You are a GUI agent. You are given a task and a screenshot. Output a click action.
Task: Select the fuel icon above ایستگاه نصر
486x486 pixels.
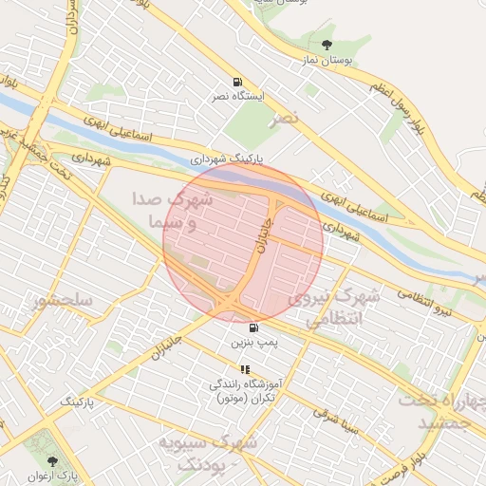(x=236, y=81)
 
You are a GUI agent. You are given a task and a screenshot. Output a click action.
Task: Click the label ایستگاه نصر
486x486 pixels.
(x=237, y=96)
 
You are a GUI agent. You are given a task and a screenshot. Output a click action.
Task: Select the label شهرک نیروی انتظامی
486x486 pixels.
(x=343, y=308)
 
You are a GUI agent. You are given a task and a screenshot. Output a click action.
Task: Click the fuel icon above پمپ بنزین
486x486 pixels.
(x=252, y=327)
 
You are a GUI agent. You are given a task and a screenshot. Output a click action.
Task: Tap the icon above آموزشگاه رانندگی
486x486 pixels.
(x=245, y=369)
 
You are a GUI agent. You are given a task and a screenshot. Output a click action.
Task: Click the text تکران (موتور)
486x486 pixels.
(x=245, y=399)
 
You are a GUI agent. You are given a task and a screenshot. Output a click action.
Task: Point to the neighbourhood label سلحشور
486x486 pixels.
(x=62, y=302)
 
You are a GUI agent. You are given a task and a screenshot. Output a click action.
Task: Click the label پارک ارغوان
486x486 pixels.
(x=52, y=475)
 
